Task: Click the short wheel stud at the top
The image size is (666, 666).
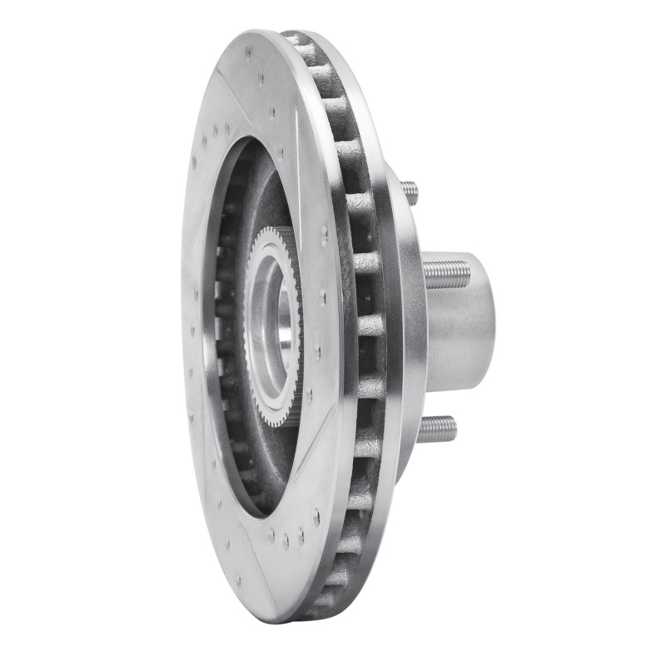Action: click(410, 192)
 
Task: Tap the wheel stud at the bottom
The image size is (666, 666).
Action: click(437, 429)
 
